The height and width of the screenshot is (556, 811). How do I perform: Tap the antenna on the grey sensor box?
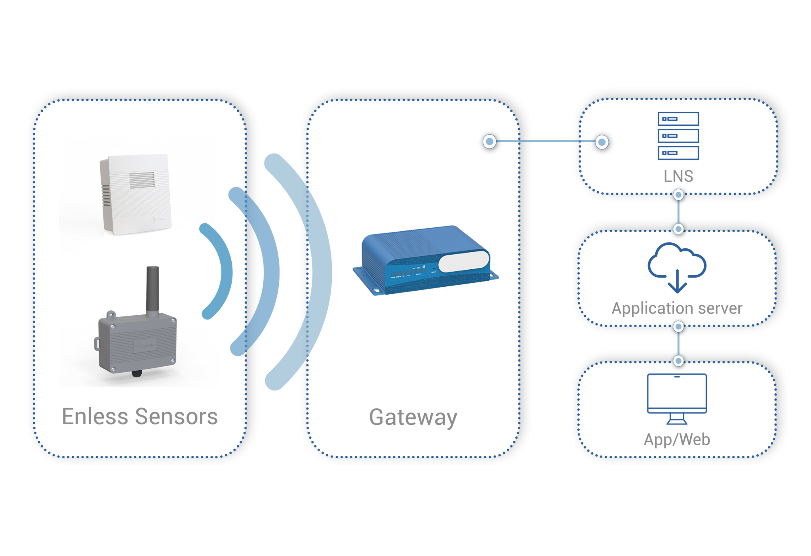click(x=152, y=289)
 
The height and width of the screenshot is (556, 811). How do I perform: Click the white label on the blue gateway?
click(x=463, y=261)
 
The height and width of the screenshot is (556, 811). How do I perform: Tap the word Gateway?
click(x=413, y=417)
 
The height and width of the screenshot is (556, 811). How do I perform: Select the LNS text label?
click(x=678, y=176)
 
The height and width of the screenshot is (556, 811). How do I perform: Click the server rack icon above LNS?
click(x=678, y=136)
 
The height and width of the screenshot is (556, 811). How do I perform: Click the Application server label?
click(x=677, y=308)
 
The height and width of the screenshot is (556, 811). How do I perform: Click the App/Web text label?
click(x=677, y=440)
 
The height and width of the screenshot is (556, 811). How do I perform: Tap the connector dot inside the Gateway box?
click(x=489, y=141)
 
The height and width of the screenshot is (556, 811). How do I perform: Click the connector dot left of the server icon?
click(x=602, y=142)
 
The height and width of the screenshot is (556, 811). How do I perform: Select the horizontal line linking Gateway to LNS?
click(x=546, y=141)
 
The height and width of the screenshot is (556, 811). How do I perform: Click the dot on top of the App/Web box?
click(x=678, y=361)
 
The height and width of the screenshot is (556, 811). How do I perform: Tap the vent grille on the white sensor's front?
click(x=142, y=180)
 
